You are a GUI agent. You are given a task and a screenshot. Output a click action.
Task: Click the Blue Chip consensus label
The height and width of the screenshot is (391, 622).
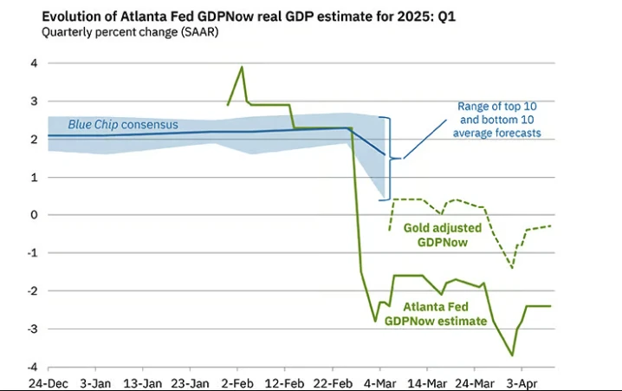(x=123, y=125)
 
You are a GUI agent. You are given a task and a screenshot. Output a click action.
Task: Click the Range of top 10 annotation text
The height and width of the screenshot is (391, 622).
(x=499, y=120)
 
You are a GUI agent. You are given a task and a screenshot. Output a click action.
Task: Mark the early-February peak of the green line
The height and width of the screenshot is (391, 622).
(x=242, y=67)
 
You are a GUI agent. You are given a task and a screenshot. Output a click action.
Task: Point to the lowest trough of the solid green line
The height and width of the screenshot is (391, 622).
(x=512, y=355)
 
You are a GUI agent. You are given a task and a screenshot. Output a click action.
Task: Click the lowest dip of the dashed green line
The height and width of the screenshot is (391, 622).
(x=512, y=268)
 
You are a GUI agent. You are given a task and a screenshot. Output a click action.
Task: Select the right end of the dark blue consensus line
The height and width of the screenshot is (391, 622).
(x=386, y=155)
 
